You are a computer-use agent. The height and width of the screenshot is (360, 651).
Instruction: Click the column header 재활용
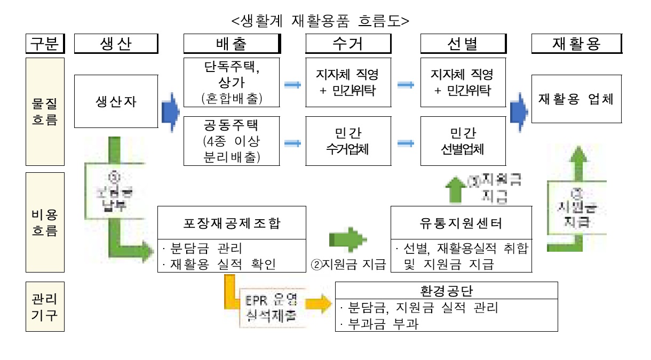tap(576, 44)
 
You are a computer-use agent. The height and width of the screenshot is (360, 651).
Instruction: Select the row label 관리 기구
tap(45, 306)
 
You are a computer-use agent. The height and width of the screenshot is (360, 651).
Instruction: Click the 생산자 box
tap(116, 101)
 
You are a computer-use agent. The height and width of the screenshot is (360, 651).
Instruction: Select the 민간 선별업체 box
tap(463, 141)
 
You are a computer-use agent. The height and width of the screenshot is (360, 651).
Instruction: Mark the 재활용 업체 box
tap(576, 99)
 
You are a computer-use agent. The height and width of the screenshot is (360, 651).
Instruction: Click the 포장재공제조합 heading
tap(232, 223)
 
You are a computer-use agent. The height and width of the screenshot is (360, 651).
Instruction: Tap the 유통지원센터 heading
tap(462, 223)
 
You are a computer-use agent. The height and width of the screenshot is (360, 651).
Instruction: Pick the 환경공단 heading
tap(446, 291)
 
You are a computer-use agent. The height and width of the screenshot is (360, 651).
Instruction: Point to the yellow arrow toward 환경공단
tap(319, 304)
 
